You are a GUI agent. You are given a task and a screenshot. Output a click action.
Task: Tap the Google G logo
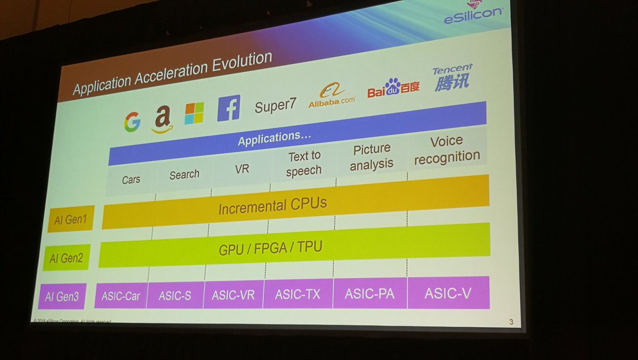132,122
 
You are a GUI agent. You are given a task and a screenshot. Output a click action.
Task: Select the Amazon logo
162,118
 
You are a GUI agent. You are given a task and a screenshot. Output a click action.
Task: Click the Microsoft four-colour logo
194,113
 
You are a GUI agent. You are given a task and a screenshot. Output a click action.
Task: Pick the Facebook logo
229,108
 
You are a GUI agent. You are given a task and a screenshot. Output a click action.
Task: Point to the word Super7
275,105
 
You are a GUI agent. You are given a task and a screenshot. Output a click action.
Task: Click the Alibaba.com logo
331,96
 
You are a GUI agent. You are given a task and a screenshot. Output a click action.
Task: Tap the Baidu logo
393,88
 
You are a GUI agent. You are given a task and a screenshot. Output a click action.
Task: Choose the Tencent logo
452,78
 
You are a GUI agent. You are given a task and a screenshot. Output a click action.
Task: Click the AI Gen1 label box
71,219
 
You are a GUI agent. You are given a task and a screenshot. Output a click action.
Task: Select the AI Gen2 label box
66,258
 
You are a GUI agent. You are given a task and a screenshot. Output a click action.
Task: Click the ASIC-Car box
120,295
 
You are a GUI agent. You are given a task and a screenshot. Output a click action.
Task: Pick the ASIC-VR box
233,294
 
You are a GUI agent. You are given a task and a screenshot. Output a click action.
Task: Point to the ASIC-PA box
370,293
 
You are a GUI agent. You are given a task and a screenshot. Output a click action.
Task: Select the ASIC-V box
448,292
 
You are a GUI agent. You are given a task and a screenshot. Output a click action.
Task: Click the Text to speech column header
304,163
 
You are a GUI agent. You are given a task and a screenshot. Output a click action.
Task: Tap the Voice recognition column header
447,149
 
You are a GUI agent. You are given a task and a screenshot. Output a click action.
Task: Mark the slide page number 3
510,321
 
